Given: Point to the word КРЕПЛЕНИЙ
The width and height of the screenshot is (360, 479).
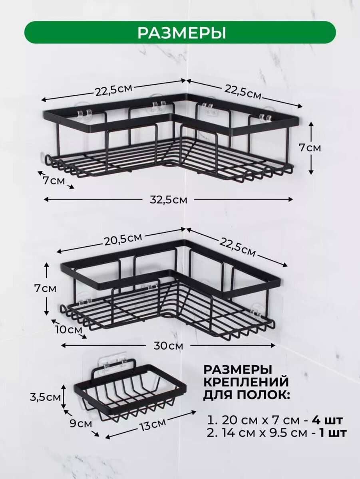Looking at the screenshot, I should (246, 382).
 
